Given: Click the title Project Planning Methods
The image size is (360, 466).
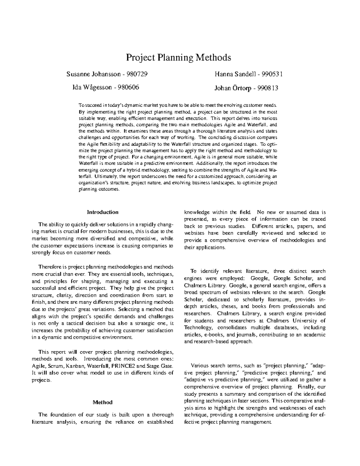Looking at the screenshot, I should (178, 57).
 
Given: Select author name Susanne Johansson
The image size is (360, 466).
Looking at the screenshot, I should (91, 74).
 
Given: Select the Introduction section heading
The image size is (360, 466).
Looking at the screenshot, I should (103, 212).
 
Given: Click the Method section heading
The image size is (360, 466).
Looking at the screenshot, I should (103, 402).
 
